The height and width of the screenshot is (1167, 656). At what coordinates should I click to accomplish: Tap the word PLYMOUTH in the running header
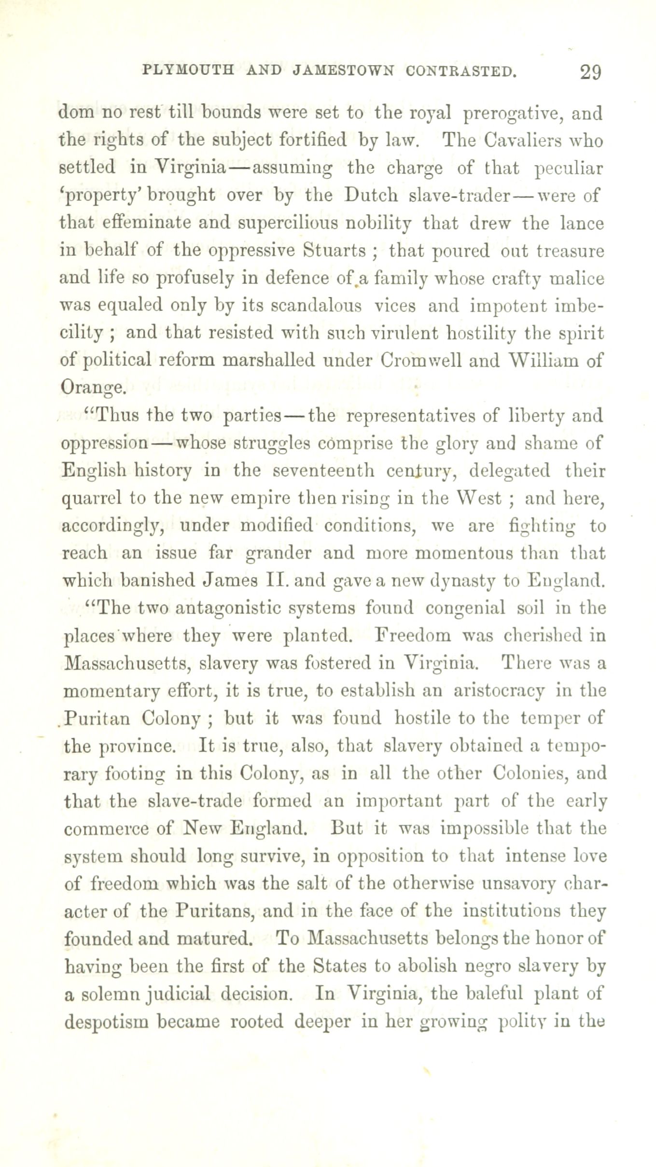(188, 71)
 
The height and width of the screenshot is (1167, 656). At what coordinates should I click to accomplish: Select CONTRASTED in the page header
(462, 71)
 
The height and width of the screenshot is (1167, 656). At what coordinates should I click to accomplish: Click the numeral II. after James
(277, 580)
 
